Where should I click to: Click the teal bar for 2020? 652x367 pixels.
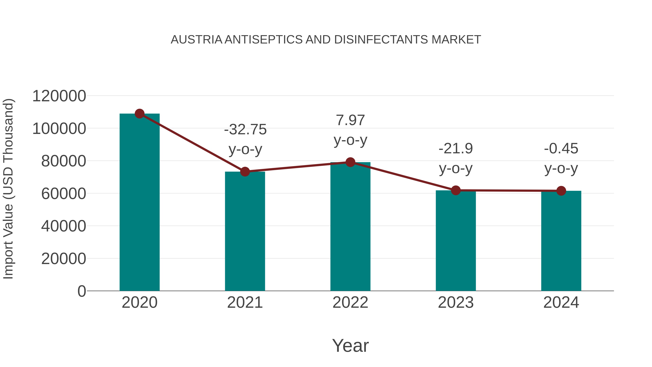[139, 203]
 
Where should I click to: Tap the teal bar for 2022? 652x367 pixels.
[350, 227]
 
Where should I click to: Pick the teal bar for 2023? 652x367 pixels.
[456, 241]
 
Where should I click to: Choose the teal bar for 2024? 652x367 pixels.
[561, 241]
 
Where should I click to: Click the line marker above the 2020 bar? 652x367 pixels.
[139, 114]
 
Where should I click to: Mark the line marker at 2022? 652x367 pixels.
[350, 162]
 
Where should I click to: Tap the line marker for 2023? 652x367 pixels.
[456, 190]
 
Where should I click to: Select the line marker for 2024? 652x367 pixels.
[561, 191]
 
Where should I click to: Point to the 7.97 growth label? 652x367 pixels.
[350, 130]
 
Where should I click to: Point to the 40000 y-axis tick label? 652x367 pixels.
[64, 226]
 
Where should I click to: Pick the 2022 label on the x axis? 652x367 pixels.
[350, 302]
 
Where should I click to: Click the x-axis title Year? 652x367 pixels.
[350, 345]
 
